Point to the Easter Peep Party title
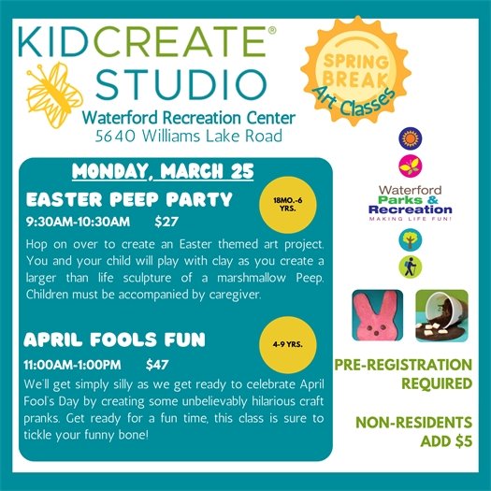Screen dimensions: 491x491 (x=128, y=199)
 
